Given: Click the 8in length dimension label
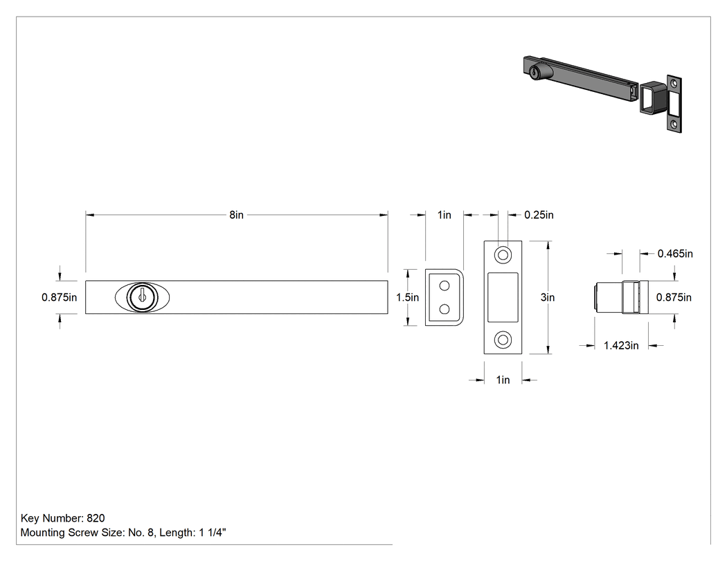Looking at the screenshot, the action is [236, 215].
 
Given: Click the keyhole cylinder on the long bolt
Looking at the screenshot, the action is [143, 297].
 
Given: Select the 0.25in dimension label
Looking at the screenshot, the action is [539, 215].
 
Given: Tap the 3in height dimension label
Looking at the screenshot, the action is [547, 297].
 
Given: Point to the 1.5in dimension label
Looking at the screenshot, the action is [407, 297].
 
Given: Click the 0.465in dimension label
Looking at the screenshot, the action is [675, 254].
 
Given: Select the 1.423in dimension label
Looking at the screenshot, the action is [621, 346].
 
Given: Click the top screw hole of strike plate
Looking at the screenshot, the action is [503, 255].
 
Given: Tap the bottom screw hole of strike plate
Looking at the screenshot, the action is [503, 340].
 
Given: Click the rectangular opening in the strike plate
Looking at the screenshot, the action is [503, 297].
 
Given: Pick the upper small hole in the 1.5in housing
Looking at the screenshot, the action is [445, 286].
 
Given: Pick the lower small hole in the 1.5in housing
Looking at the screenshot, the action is [445, 309].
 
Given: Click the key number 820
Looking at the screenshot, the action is [96, 518].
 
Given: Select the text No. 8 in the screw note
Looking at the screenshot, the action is [141, 533].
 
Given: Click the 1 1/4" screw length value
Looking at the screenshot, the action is [213, 533].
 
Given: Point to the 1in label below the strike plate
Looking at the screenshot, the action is [503, 380].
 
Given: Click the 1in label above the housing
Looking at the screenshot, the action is [445, 215].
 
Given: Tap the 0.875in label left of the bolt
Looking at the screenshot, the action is [60, 297].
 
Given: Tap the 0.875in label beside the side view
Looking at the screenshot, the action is [674, 297].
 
